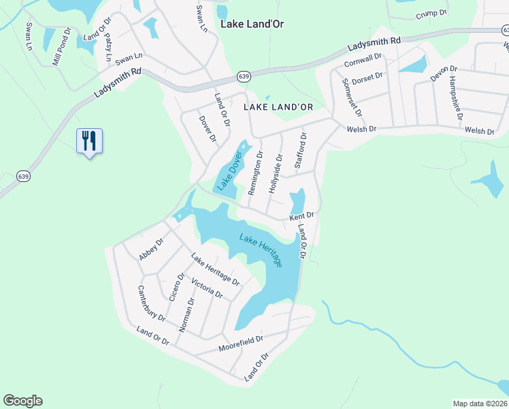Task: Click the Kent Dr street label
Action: tap(301, 216)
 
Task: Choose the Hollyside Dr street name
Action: tap(276, 172)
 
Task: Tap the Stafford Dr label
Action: tap(299, 151)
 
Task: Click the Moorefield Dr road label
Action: tap(241, 344)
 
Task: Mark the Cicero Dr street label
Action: tap(176, 288)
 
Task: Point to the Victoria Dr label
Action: tap(207, 288)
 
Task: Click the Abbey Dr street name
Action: tap(151, 249)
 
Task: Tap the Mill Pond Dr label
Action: tap(61, 46)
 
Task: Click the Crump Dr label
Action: tap(431, 13)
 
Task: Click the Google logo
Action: tap(22, 401)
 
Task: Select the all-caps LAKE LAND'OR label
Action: tap(278, 106)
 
